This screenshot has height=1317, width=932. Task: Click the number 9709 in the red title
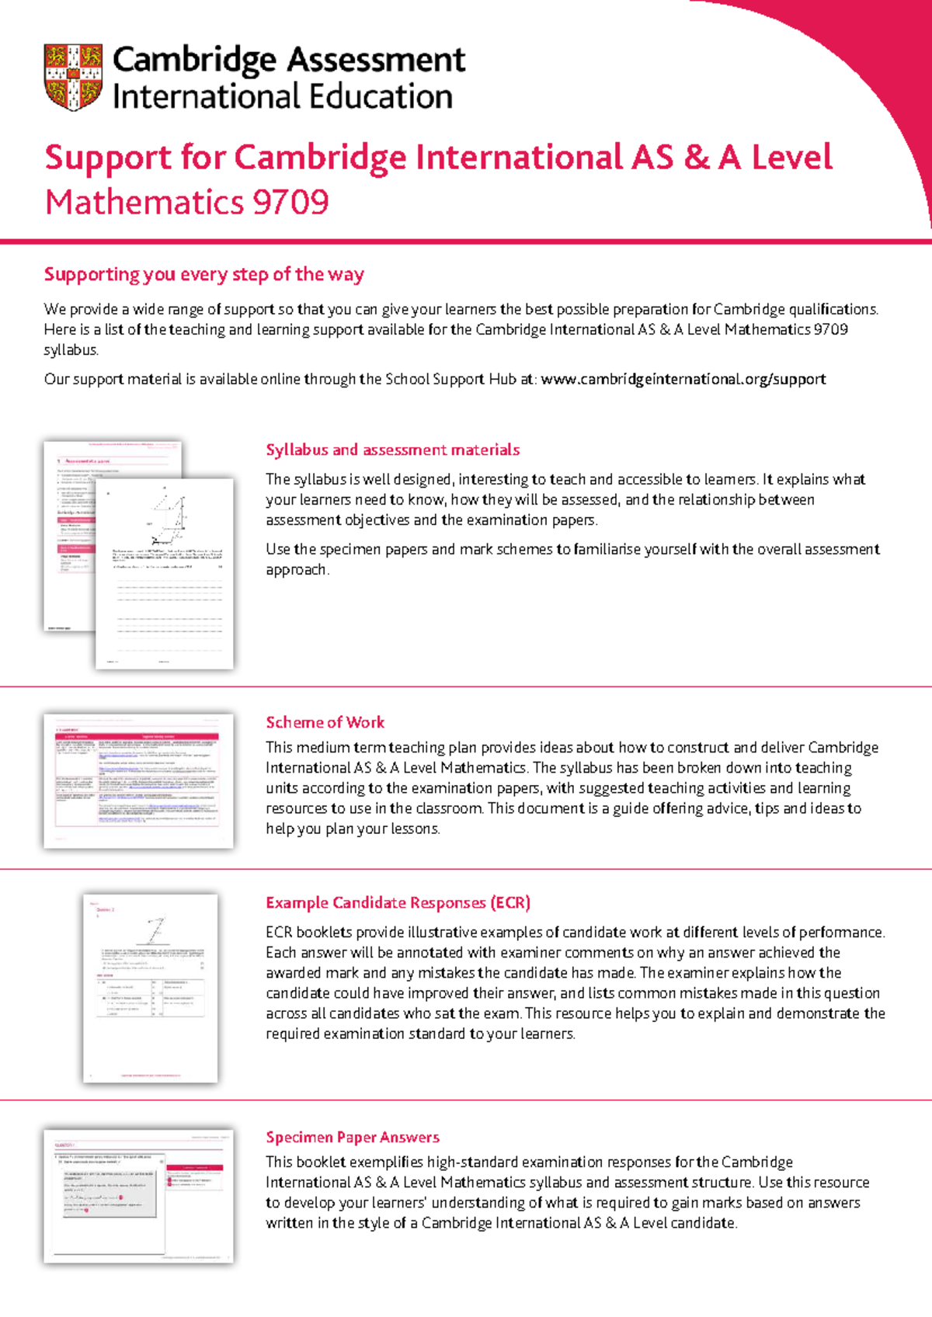point(290,203)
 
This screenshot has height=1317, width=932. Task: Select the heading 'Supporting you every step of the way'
point(203,274)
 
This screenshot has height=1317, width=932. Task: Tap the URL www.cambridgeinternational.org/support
point(683,379)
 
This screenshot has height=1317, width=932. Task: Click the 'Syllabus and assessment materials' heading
point(392,450)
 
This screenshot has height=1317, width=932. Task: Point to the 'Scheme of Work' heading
point(325,722)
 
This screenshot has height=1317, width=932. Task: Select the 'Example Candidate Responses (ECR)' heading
point(398,902)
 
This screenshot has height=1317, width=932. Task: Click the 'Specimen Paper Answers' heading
point(353,1137)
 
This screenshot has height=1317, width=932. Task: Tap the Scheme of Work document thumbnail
point(138,780)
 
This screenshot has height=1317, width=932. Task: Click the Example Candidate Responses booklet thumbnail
point(151,988)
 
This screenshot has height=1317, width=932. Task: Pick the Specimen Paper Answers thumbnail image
point(138,1196)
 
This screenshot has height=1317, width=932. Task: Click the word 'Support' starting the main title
point(108,158)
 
